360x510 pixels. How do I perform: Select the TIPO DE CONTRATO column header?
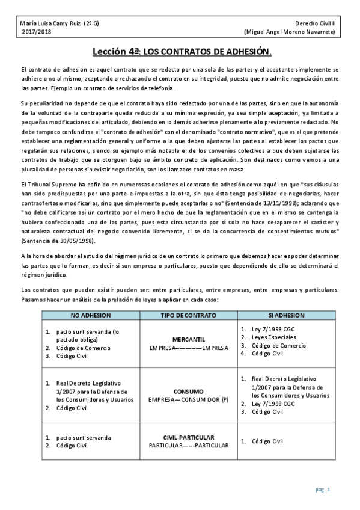pos(189,315)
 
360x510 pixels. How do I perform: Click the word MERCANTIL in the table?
pos(189,339)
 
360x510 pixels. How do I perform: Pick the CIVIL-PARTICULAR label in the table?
pos(189,437)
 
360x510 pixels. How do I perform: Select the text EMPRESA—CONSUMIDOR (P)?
pos(189,399)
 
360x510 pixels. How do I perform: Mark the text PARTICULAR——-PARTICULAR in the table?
pos(189,446)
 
